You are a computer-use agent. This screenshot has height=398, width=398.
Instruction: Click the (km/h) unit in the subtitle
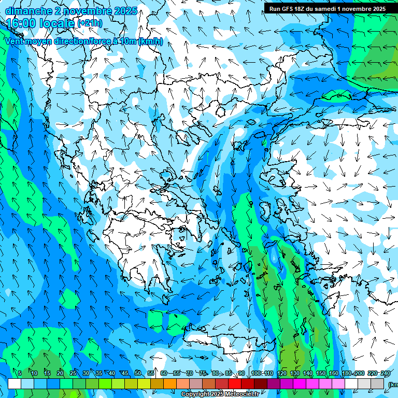150,41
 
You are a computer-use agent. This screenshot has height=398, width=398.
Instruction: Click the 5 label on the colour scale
20,373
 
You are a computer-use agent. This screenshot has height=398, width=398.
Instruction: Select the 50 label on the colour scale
138,373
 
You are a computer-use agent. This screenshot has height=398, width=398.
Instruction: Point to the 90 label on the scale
241,373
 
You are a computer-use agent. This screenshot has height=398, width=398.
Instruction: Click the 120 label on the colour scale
282,373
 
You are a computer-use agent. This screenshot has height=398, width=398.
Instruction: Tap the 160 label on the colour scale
334,373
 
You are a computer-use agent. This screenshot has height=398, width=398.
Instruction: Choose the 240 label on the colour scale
386,373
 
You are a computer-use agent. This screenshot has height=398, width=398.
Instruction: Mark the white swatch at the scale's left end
15,383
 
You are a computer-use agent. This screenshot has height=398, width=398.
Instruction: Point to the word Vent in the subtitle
16,41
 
